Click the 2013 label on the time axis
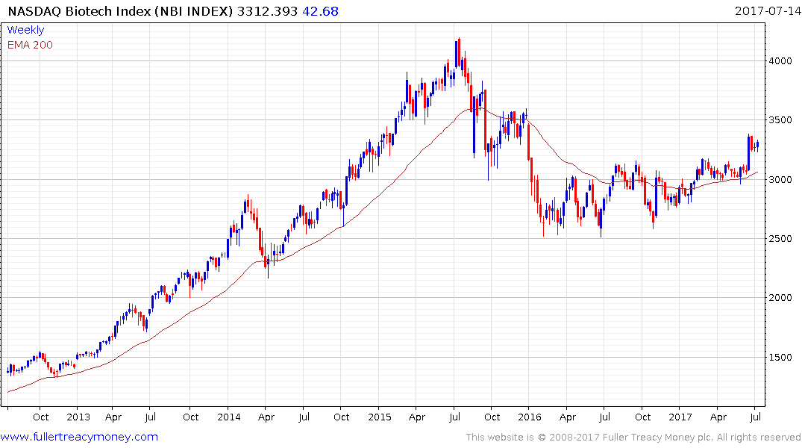pyautogui.click(x=78, y=417)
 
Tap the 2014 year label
pyautogui.click(x=229, y=417)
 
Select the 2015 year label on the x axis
pyautogui.click(x=379, y=417)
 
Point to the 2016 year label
pyautogui.click(x=530, y=417)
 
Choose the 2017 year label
pyautogui.click(x=680, y=417)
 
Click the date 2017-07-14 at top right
pyautogui.click(x=766, y=11)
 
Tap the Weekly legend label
pyautogui.click(x=25, y=30)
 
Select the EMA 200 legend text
pyautogui.click(x=30, y=45)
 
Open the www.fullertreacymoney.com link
pyautogui.click(x=79, y=437)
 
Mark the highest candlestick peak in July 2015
pyautogui.click(x=459, y=38)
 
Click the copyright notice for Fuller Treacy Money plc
pyautogui.click(x=633, y=438)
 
